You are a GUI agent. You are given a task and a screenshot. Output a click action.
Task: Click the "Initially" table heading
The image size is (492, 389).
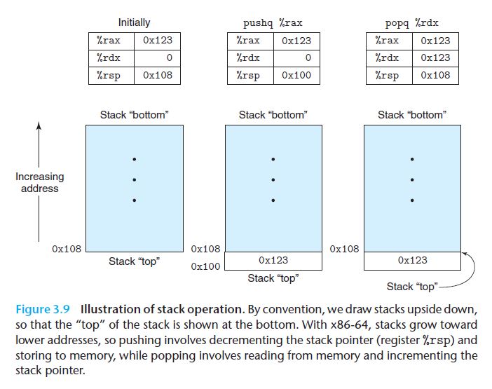[x=134, y=23]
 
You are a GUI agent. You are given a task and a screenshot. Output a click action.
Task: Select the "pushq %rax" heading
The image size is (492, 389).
[x=273, y=23]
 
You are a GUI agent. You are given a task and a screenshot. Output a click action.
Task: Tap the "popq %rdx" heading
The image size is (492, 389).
[x=411, y=23]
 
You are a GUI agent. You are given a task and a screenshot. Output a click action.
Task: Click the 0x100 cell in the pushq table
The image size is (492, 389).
[x=296, y=76]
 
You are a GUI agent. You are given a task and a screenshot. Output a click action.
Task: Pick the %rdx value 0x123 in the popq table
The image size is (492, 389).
[x=435, y=58]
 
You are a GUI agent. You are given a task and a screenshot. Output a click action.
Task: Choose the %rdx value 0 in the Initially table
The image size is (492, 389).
[x=158, y=58]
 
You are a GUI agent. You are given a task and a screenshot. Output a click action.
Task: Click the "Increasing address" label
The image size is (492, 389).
[x=39, y=183]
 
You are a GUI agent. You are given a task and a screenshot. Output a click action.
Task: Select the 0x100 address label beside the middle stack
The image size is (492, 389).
[x=205, y=266]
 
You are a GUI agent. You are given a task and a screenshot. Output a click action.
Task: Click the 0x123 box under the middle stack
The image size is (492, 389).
[x=273, y=260]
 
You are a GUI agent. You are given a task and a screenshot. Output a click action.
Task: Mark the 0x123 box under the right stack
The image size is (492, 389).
[x=412, y=260]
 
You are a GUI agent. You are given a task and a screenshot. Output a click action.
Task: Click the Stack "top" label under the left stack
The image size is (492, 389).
[x=134, y=261]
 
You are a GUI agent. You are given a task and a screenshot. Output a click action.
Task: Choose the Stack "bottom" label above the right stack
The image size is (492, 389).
[x=412, y=114]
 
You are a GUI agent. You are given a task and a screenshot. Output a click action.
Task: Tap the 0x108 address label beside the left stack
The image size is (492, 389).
[x=67, y=248]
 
